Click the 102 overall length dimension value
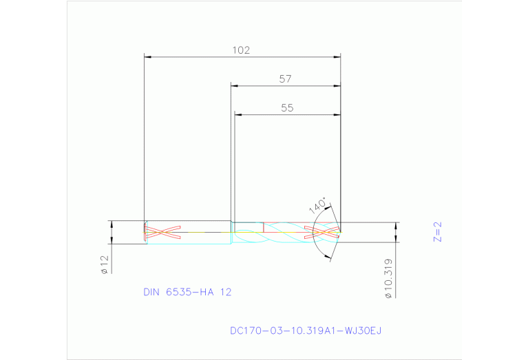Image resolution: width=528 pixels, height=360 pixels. click(x=240, y=50)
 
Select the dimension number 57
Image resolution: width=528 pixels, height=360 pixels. click(x=285, y=79)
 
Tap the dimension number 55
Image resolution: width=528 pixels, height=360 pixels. click(x=287, y=108)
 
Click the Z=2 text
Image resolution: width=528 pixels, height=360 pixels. click(x=438, y=231)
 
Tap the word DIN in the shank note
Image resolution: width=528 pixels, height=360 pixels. click(x=151, y=292)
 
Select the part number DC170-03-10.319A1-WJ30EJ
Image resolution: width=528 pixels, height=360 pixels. click(x=305, y=331)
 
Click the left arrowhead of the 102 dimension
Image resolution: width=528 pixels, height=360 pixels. click(x=147, y=56)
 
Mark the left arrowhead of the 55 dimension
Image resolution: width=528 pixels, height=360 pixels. click(x=237, y=114)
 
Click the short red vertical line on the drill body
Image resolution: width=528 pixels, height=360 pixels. click(x=264, y=227)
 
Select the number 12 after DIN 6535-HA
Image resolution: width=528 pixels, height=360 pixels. click(x=226, y=292)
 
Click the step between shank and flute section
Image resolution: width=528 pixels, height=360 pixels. click(x=231, y=227)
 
